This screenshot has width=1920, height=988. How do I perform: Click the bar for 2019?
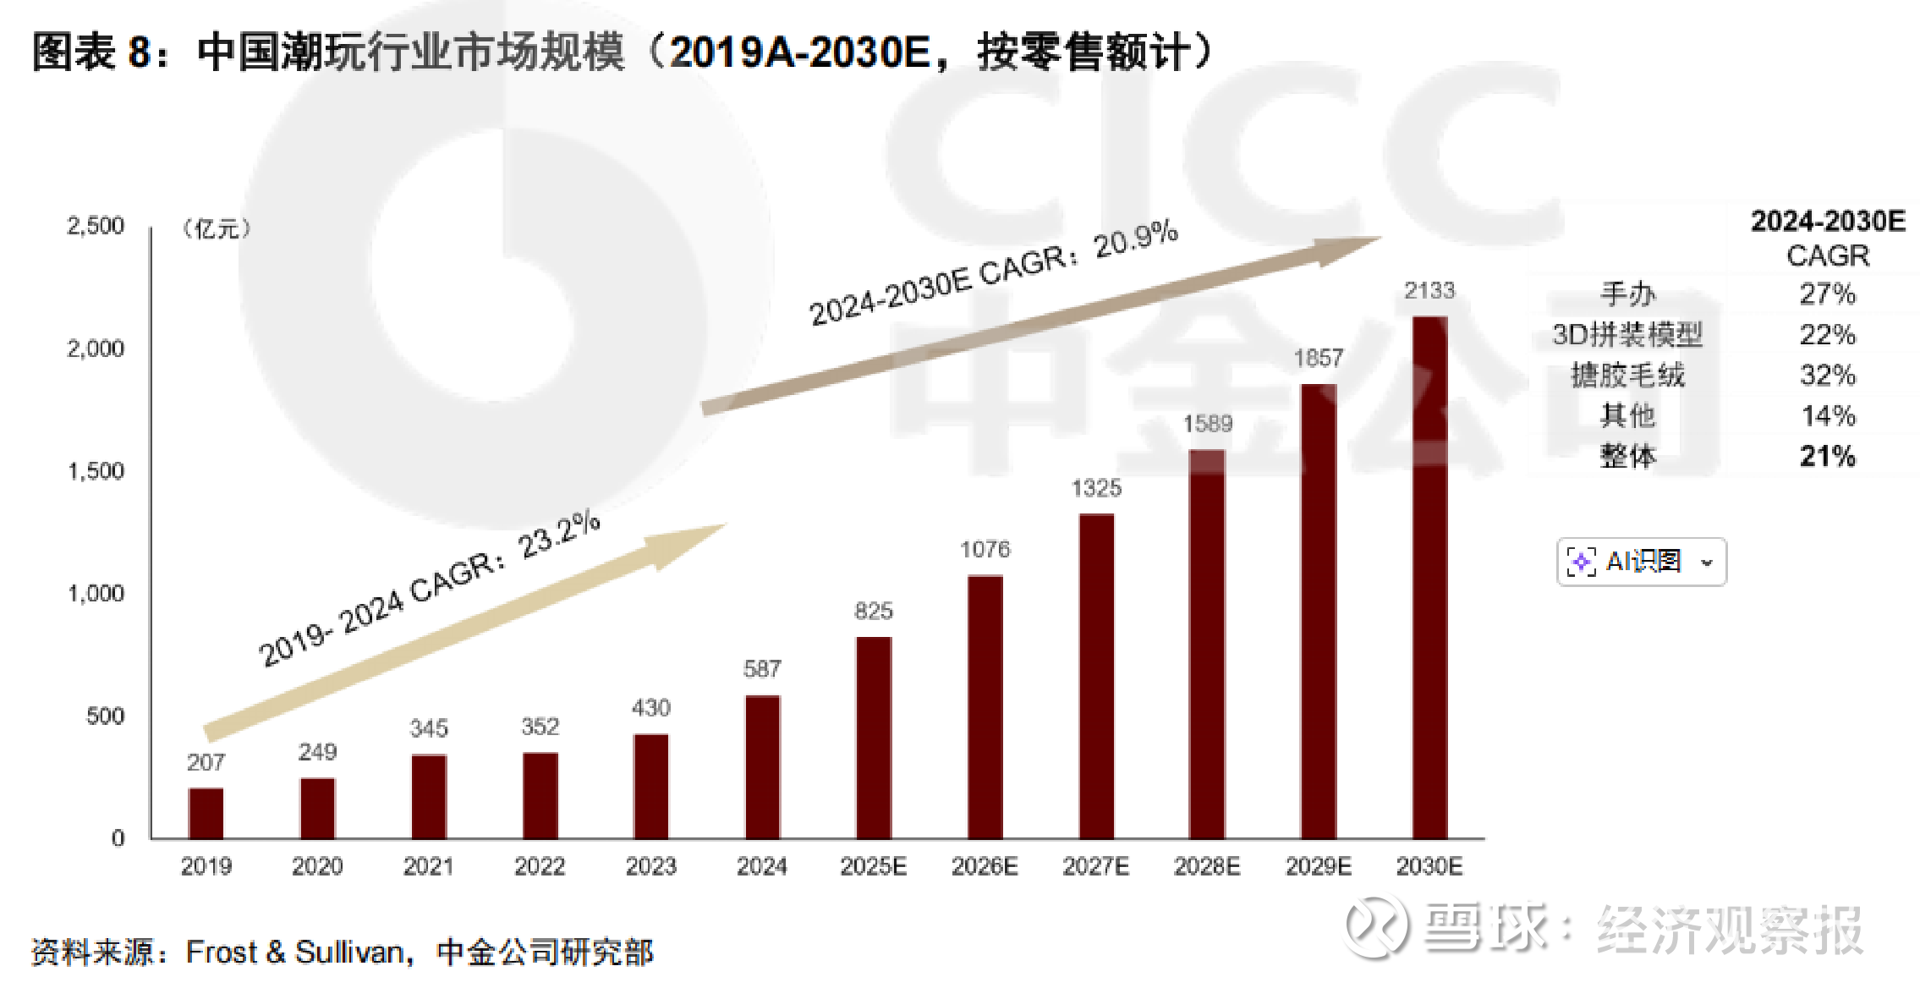pyautogui.click(x=206, y=813)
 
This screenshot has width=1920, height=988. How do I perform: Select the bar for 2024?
pyautogui.click(x=762, y=766)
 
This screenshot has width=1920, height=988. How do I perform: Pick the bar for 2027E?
pyautogui.click(x=1096, y=676)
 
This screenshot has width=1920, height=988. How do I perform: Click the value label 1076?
pyautogui.click(x=985, y=550)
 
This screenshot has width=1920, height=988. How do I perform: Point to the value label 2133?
pyautogui.click(x=1429, y=291)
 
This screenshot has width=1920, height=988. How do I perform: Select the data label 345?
pyautogui.click(x=429, y=728)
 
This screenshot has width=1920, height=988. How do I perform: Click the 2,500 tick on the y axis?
pyautogui.click(x=96, y=226)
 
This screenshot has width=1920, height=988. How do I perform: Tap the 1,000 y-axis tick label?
pyautogui.click(x=96, y=594)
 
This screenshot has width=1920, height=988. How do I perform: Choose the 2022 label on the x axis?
pyautogui.click(x=540, y=866)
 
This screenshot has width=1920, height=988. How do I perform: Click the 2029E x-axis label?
pyautogui.click(x=1318, y=866)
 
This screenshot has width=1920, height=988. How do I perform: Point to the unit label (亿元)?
pyautogui.click(x=217, y=228)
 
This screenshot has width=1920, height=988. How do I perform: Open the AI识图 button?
pyautogui.click(x=1641, y=562)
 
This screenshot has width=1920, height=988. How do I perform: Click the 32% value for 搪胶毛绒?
pyautogui.click(x=1827, y=375)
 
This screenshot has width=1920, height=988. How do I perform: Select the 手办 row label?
pyautogui.click(x=1627, y=294)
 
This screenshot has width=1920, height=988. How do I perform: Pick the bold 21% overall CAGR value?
pyautogui.click(x=1827, y=457)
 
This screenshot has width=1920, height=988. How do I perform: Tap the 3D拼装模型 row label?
pyautogui.click(x=1627, y=335)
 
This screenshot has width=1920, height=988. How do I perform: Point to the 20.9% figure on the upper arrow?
pyautogui.click(x=1135, y=239)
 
